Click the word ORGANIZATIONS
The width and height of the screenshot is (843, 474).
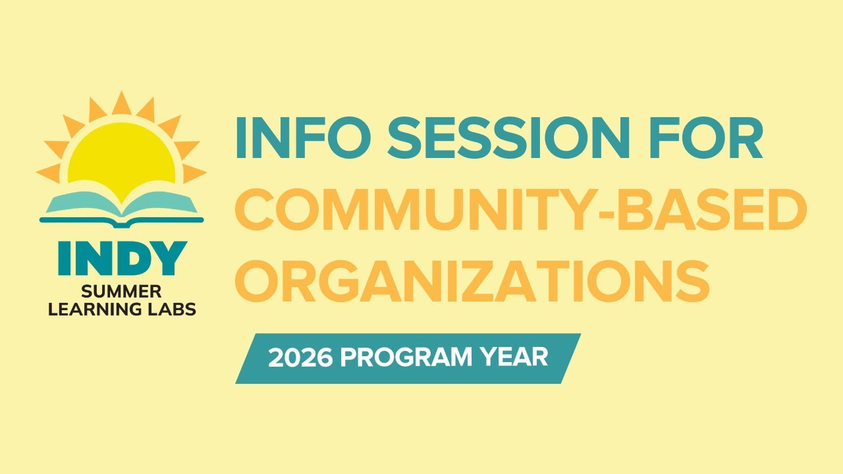coord(472,279)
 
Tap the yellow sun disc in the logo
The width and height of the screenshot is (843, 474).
coord(122,161)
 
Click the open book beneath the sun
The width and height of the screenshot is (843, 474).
coord(122,203)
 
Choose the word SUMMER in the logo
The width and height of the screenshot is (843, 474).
coord(122,292)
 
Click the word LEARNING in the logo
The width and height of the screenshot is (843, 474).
coord(101,308)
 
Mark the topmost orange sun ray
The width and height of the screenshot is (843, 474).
coord(121,104)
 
